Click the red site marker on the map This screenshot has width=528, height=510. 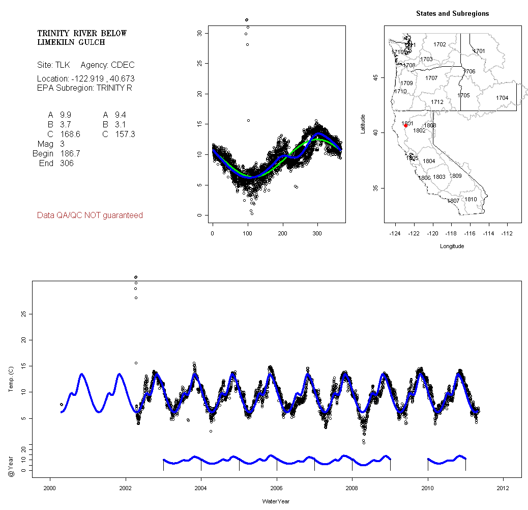coord(405,125)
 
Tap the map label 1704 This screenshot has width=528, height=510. coord(502,98)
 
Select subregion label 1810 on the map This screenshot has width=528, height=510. coord(471,199)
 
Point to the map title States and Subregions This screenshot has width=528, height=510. coord(452,14)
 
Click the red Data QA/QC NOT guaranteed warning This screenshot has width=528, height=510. coord(90,216)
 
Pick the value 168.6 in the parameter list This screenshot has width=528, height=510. coord(70,134)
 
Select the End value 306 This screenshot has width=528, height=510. coord(66,163)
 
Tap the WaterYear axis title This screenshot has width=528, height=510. coord(277,502)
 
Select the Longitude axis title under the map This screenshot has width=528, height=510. coord(452,246)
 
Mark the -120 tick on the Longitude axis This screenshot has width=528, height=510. coord(433,233)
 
